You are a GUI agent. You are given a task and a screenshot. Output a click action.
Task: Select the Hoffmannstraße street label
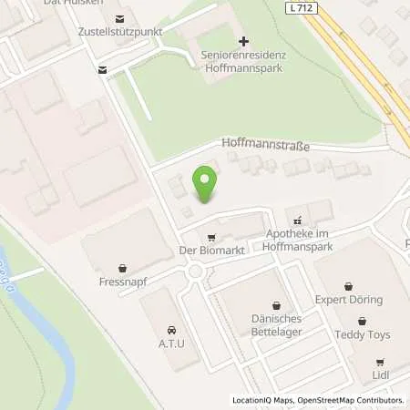266,144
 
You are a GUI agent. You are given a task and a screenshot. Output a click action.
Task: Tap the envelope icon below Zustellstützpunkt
102,69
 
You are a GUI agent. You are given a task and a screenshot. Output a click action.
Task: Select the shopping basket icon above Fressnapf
122,267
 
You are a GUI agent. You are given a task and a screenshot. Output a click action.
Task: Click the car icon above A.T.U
169,330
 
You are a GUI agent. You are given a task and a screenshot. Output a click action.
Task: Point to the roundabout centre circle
194,271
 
